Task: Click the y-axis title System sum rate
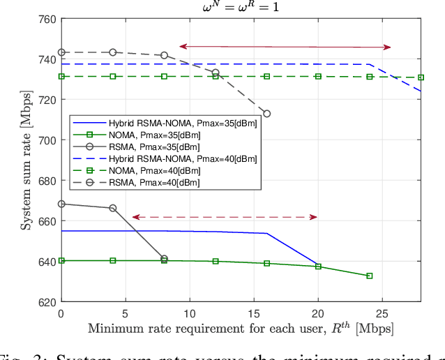tap(26, 160)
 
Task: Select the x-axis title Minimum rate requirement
tap(241, 328)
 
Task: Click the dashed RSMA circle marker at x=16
tap(266, 114)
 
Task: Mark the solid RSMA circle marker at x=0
tap(61, 204)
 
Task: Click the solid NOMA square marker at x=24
tap(369, 276)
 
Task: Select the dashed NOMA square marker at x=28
tap(421, 77)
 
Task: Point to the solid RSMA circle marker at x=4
tap(113, 208)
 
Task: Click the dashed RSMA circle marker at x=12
tap(216, 73)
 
